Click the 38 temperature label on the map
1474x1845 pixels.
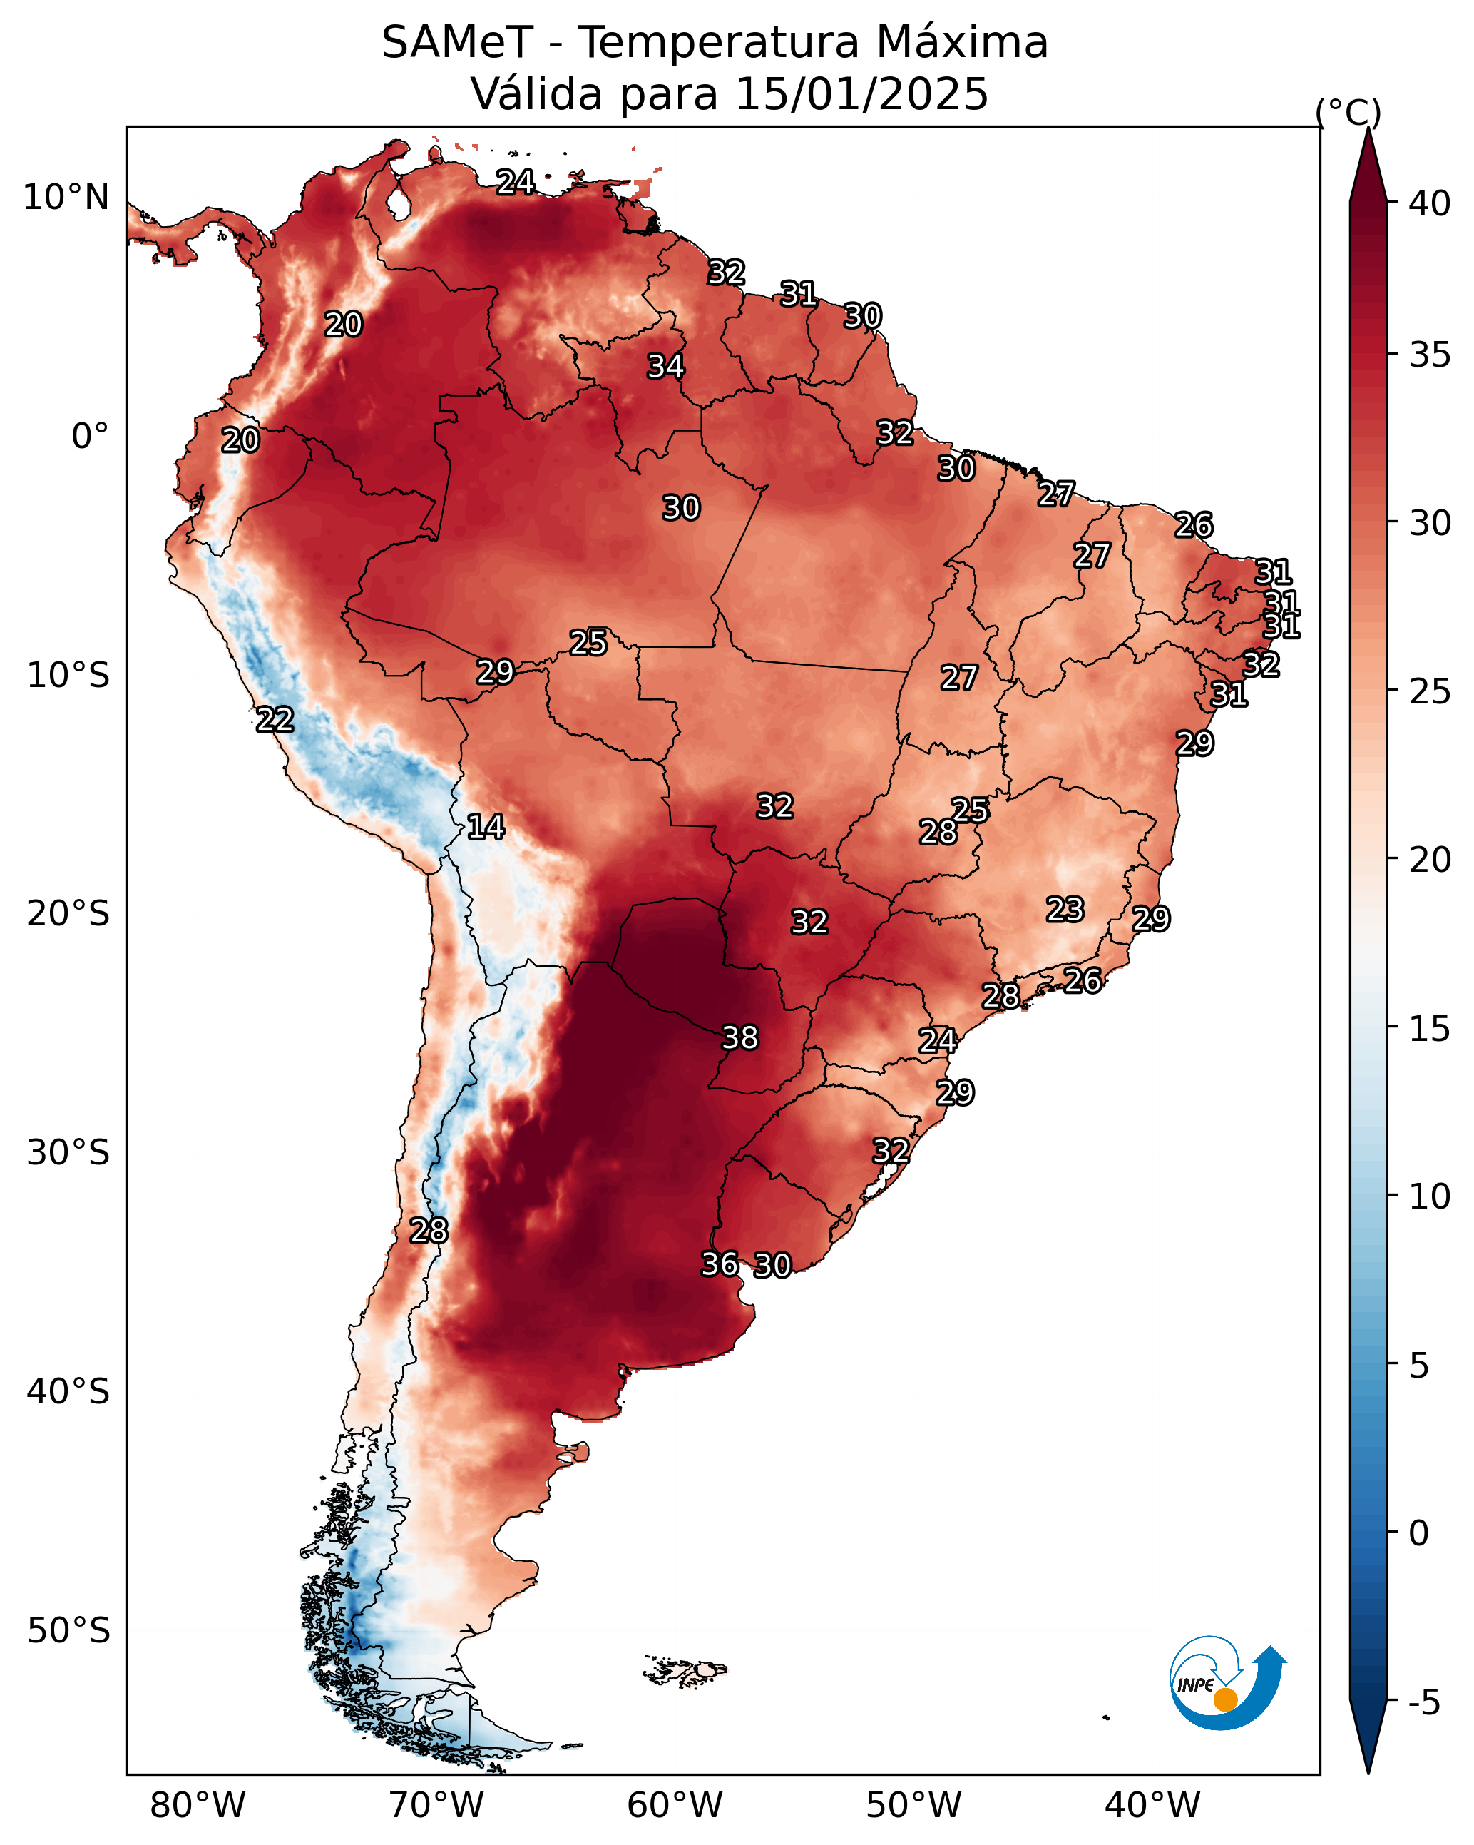point(740,1038)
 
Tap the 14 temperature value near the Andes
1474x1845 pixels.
point(486,827)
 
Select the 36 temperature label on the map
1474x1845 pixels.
point(720,1264)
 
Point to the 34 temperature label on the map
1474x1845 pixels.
point(665,366)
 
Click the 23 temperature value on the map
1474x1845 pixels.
point(1065,909)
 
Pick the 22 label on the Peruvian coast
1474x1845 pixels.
point(275,720)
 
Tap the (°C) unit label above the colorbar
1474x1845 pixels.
point(1348,112)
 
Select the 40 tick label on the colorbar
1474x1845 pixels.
point(1430,203)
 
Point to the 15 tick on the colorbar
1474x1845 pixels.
point(1430,1029)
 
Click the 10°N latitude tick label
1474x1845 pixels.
point(66,198)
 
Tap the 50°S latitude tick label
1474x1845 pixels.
point(68,1630)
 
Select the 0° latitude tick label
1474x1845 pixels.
point(91,437)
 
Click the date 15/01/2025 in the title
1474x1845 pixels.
point(861,94)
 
